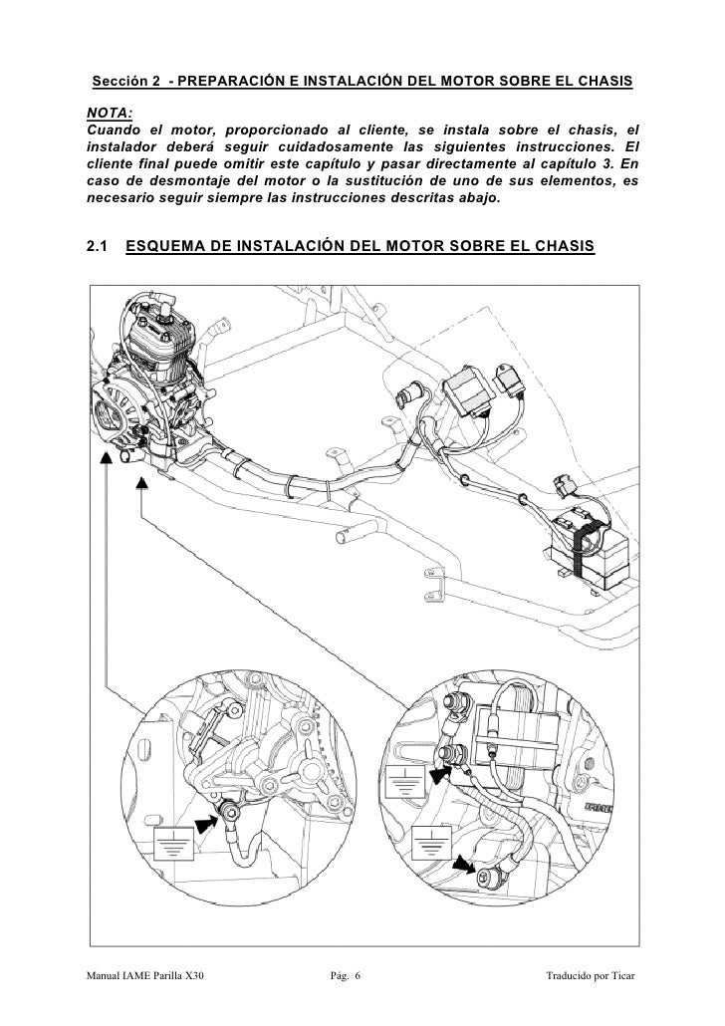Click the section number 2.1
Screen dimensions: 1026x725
pos(99,245)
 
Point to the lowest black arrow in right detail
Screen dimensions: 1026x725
pos(463,864)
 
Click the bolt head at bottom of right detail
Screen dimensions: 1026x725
pos(486,878)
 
